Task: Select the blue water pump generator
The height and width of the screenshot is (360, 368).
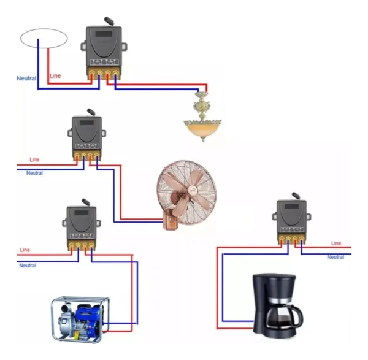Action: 81,318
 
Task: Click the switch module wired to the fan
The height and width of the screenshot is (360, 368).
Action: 86,136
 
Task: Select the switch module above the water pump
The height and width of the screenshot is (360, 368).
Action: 80,225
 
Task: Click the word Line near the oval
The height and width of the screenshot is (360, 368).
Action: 55,75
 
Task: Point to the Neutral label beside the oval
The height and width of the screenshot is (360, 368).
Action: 26,79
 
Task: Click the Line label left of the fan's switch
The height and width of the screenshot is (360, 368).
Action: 34,159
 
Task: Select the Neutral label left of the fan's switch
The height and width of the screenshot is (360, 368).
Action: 34,174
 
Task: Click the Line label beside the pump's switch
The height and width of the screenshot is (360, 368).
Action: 25,250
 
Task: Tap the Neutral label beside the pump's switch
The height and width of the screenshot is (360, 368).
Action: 28,266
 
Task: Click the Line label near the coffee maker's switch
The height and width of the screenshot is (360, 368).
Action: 335,243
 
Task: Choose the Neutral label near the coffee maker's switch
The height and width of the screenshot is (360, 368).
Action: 335,257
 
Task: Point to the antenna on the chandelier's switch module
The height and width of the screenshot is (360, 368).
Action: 109,21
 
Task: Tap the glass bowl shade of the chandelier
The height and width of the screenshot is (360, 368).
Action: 202,130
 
